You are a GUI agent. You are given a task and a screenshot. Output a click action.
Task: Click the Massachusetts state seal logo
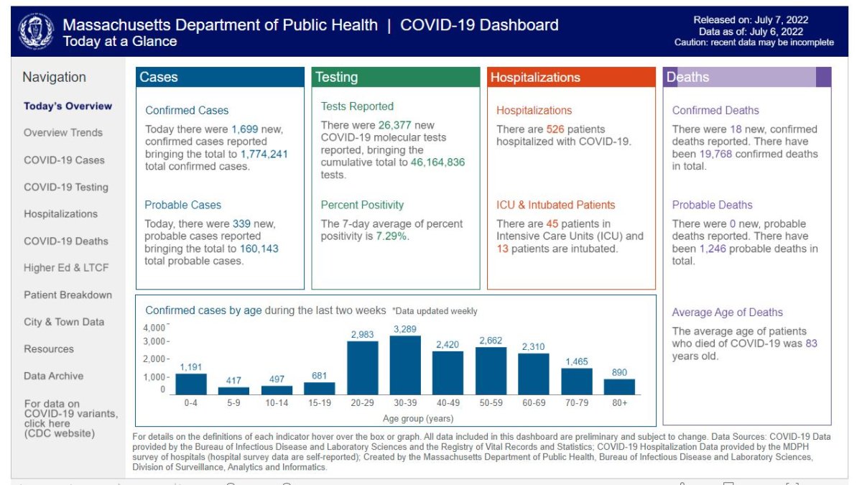[x=35, y=32]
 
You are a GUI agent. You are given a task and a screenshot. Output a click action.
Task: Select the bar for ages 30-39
[x=405, y=366]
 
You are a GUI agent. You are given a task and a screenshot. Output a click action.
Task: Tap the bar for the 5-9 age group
[x=233, y=391]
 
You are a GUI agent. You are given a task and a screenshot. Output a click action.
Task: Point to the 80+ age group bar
[x=619, y=387]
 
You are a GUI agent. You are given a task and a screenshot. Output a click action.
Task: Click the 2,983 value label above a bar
[x=362, y=334]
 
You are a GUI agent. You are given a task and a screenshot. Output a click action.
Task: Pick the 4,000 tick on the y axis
[x=155, y=327]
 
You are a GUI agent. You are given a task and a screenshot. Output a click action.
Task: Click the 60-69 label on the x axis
[x=534, y=403]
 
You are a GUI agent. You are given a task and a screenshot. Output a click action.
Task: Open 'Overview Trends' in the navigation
[x=63, y=133]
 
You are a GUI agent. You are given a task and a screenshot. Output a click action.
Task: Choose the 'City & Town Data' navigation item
[x=64, y=322]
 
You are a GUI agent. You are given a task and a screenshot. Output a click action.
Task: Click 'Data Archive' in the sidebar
[x=53, y=376]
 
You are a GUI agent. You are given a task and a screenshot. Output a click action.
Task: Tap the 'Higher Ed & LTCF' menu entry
[x=66, y=268]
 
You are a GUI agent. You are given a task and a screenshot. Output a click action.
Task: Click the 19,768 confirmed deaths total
[x=720, y=154]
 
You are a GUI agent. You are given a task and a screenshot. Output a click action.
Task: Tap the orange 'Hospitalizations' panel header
[x=571, y=78]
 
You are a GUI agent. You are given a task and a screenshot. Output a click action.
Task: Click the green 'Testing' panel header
[x=396, y=78]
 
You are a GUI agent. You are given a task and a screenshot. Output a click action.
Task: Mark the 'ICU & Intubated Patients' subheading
[x=555, y=205]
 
